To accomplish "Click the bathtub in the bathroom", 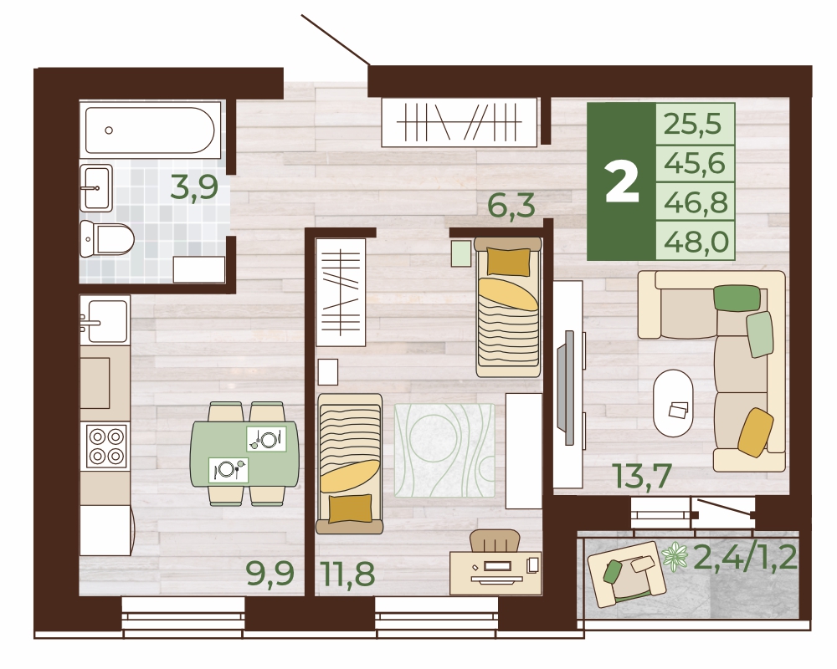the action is coord(150,130).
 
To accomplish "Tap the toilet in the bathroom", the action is coord(107,238).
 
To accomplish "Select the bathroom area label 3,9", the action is coord(194,188).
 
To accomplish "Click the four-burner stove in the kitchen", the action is coord(107,446).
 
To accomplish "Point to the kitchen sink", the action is coord(105,320).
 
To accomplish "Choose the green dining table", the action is coord(244,453).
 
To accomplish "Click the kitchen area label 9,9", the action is coord(270,574).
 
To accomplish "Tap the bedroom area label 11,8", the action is coord(348,574).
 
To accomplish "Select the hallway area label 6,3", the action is coord(511,206).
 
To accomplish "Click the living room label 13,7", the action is coord(643,477).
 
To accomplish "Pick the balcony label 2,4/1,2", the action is coord(745,558).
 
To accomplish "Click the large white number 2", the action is coord(622,182).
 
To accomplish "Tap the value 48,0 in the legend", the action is coord(696,243).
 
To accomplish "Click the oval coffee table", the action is coord(673,404).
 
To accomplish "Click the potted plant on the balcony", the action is coord(675,558).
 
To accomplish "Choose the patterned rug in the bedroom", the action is coord(444,450).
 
